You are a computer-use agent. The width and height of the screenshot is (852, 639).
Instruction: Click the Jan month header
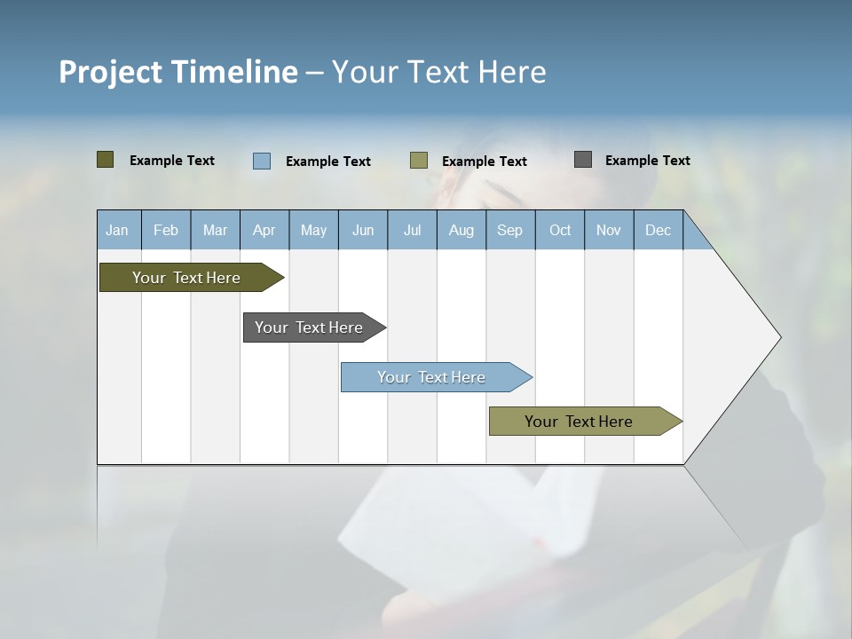coord(118,230)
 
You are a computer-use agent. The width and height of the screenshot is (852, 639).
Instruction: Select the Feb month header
coord(166,230)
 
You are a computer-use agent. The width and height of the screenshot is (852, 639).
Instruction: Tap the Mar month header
coord(215,230)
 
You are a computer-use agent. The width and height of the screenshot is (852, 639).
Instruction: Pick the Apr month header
coord(264,230)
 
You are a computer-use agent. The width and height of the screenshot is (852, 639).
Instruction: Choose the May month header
coord(313,230)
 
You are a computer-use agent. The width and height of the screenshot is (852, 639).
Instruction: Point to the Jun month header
coord(363,230)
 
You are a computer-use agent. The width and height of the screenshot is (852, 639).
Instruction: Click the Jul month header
coord(412,230)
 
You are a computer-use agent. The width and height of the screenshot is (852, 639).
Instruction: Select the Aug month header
coord(461,230)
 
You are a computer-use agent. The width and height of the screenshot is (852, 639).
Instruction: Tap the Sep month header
coord(510,230)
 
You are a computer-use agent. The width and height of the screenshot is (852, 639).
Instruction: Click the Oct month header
coord(560,230)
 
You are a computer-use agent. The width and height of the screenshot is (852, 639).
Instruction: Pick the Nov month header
coord(609,230)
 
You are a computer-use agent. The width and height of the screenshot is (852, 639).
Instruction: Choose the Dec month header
coord(659,230)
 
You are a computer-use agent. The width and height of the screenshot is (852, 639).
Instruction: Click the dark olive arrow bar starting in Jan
coord(187,278)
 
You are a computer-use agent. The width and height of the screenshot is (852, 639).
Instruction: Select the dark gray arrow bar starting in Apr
coord(310,327)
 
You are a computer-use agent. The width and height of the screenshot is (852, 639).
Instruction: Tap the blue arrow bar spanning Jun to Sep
coord(432,377)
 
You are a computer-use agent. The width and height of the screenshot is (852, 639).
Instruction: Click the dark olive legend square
coord(106,160)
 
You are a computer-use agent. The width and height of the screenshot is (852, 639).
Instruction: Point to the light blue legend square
coord(262,161)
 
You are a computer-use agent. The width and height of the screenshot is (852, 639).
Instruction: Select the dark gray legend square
coord(583,160)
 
